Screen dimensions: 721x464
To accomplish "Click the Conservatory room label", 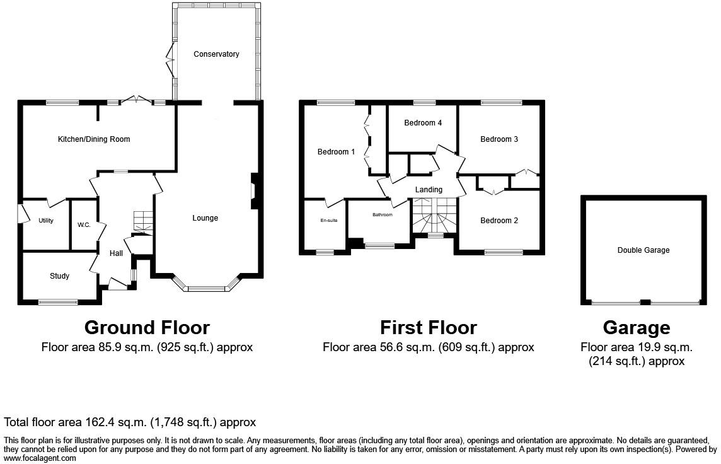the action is pos(216,54).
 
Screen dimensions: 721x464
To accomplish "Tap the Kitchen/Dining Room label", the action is pos(94,139).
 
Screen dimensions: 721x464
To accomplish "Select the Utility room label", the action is pos(46,221).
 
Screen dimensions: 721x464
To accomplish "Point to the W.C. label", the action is pos(84,225).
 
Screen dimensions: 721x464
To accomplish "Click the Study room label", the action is pos(59,276).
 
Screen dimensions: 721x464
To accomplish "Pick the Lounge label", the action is pos(205,218).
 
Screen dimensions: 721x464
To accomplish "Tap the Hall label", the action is pos(117,253).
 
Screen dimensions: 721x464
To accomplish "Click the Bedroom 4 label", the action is pos(423,123).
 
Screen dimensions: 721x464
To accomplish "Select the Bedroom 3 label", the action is pos(499,139).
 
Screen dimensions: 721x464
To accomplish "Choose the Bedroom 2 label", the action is pos(499,221).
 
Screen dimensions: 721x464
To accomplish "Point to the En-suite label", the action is pos(329,220).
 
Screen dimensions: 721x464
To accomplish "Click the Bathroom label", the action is pos(383,215).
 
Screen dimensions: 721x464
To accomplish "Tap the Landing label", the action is pos(429,190).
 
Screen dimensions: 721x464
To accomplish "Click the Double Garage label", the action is pos(643,250).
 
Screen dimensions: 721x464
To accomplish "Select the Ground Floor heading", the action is pos(147,327).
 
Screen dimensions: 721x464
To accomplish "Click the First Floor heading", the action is pos(429,327).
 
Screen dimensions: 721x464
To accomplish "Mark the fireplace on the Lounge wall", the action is pos(254,191).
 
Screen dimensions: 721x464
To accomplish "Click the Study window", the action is pos(59,302).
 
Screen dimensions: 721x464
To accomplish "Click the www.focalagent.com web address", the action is pos(40,458).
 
